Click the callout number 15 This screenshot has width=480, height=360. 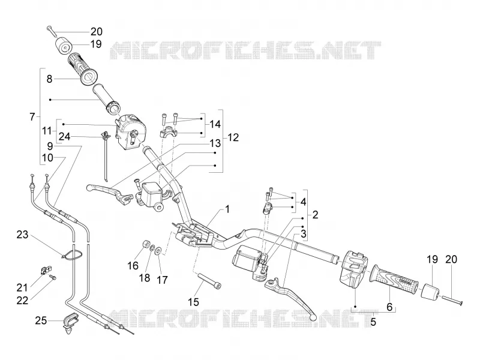click(193, 302)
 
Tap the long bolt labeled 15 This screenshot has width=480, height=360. click(210, 281)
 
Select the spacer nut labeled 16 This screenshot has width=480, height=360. click(145, 245)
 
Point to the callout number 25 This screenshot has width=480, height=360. click(41, 320)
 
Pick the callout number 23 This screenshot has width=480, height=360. click(22, 235)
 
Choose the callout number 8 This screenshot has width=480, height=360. click(49, 79)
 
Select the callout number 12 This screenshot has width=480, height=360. click(233, 137)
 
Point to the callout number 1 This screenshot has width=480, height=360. click(227, 209)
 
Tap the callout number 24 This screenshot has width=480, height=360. click(64, 137)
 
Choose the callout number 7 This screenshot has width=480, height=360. click(32, 116)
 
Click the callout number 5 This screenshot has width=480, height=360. click(373, 322)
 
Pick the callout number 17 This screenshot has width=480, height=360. click(162, 280)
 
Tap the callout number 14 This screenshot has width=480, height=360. click(215, 124)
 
